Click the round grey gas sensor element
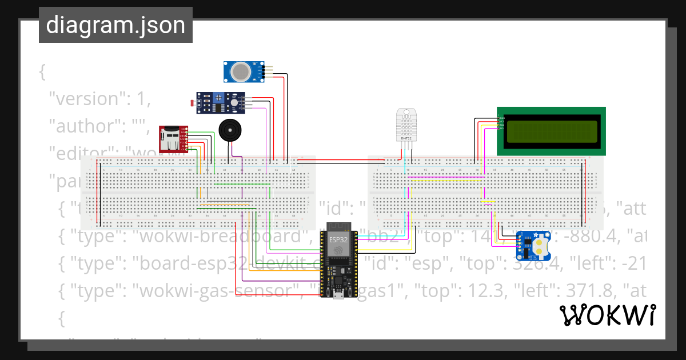pyautogui.click(x=241, y=71)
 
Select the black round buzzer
pyautogui.click(x=230, y=130)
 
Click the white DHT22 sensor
pyautogui.click(x=406, y=124)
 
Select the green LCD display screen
pyautogui.click(x=551, y=131)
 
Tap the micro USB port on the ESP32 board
pyautogui.click(x=340, y=295)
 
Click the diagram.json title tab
pyautogui.click(x=115, y=25)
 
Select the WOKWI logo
pyautogui.click(x=607, y=315)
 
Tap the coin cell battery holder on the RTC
pyautogui.click(x=540, y=245)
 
